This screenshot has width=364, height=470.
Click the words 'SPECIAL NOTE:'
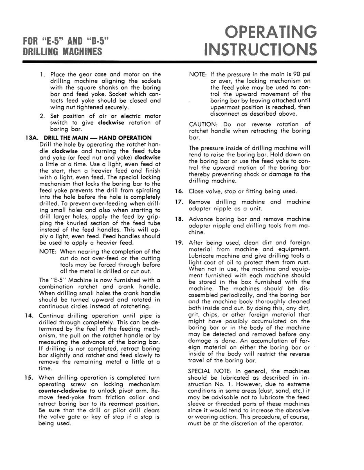click(209, 371)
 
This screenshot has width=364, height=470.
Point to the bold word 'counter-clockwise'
click(63, 391)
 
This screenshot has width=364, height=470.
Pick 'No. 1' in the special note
click(218, 384)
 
